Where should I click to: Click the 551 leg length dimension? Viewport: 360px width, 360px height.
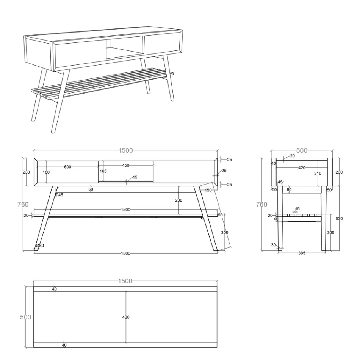coord(221,215)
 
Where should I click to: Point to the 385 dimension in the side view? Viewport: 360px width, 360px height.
coord(302,253)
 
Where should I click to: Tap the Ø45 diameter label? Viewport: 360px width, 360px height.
coord(59,195)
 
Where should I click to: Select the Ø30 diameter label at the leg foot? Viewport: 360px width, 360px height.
coord(40,246)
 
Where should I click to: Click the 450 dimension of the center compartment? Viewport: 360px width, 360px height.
coord(125,165)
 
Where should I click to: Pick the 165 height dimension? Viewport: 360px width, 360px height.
coord(103,171)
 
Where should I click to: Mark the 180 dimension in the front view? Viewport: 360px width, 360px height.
coord(46,172)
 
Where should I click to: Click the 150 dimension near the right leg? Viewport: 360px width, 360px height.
coord(208,190)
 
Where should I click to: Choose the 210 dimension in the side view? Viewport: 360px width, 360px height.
coord(318,173)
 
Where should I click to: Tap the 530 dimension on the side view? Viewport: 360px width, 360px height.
coord(339,218)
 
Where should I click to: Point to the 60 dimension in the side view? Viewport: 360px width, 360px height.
coord(289,189)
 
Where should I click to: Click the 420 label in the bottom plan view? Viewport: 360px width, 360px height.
coord(126,317)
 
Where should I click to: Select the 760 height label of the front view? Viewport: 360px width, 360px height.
coord(23,204)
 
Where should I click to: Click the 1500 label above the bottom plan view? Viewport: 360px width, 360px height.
coord(125,281)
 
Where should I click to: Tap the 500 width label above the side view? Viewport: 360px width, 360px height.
coord(302,150)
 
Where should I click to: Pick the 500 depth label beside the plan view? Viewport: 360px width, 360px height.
coord(25,317)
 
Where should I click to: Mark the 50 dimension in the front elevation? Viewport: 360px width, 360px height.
coord(91,189)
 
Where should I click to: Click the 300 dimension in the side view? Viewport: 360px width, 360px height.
coord(330,233)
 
